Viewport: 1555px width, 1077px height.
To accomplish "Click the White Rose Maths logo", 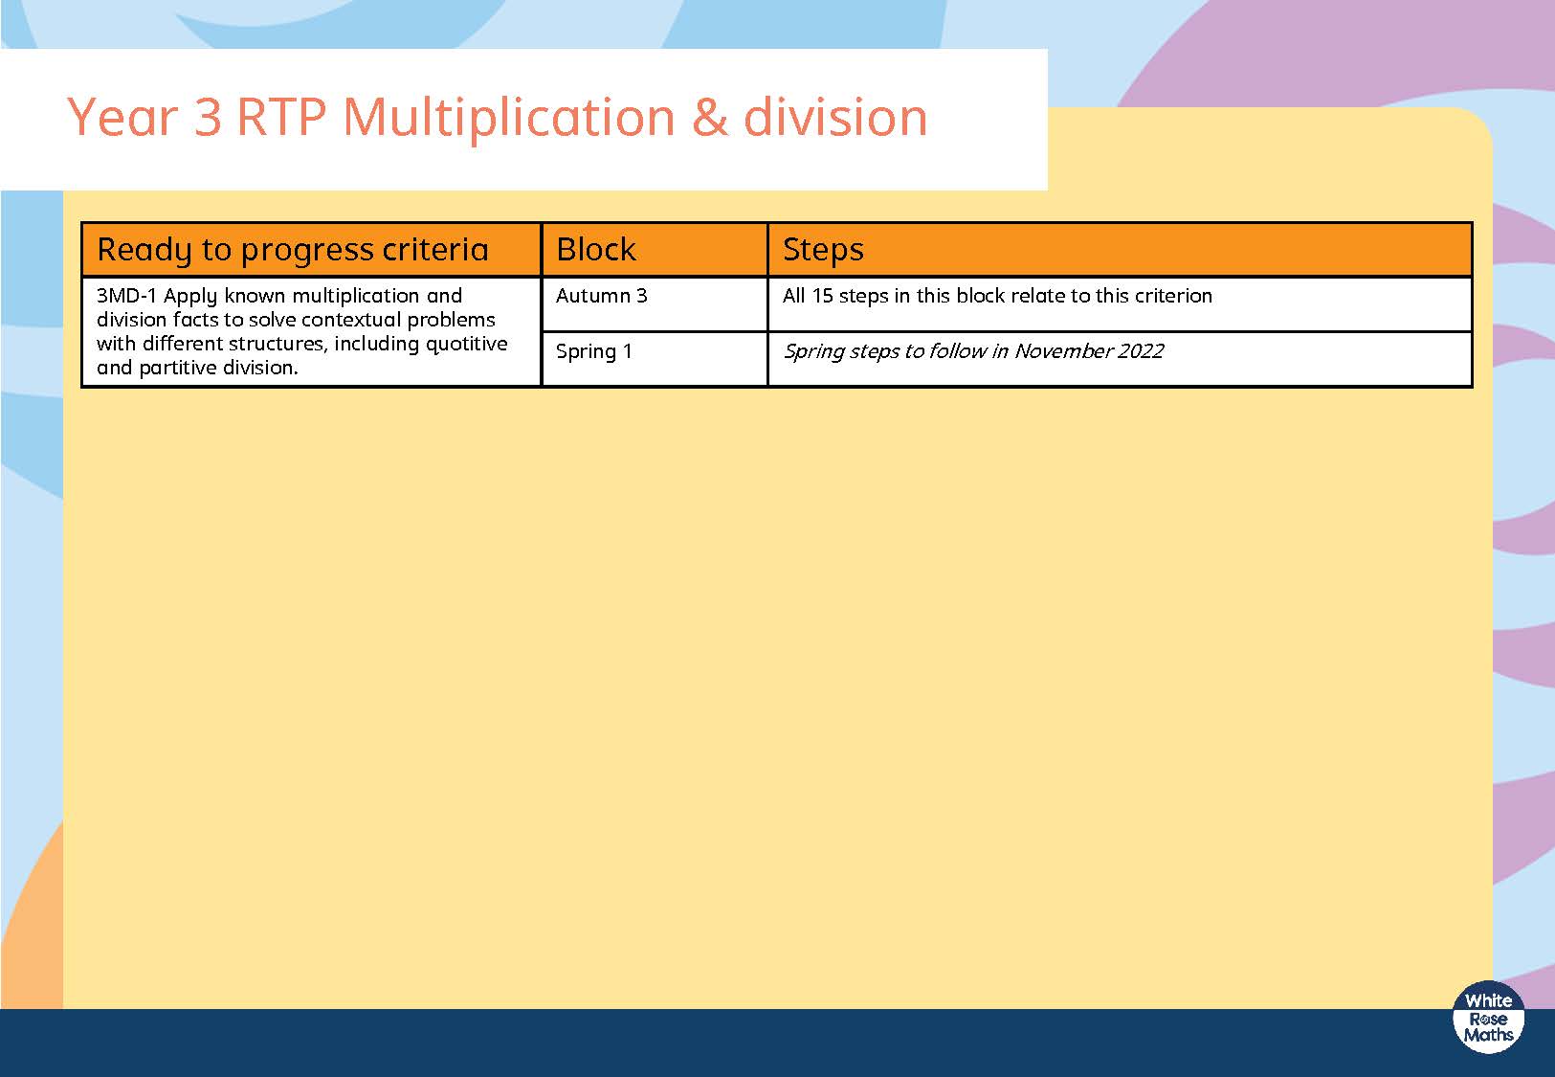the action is tap(1488, 1018).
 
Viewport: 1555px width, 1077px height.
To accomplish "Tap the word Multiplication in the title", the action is tap(509, 118).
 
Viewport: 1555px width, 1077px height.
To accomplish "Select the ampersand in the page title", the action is tap(709, 117).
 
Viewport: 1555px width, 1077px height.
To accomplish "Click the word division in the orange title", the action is tap(835, 117).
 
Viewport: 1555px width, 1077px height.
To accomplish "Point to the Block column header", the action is tap(595, 249).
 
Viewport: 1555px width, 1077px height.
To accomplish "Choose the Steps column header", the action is tap(823, 250).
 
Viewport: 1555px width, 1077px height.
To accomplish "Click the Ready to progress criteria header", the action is tap(293, 250).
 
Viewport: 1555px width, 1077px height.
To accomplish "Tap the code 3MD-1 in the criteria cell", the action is tap(126, 296).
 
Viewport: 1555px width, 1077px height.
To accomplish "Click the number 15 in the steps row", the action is tap(822, 296).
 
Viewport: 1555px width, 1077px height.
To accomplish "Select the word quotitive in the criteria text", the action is tap(467, 345).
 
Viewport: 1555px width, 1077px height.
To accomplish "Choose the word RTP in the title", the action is tap(281, 117).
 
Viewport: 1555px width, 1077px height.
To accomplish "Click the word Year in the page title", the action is tap(122, 117).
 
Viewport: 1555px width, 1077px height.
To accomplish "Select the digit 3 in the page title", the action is tap(208, 117).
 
